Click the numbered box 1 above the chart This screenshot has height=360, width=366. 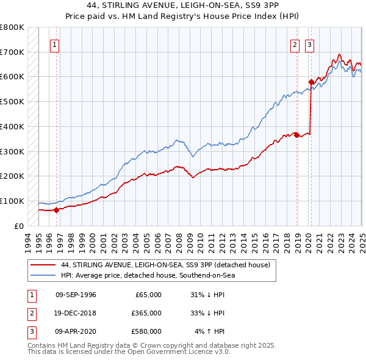click(x=55, y=44)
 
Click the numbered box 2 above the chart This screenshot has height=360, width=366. click(x=295, y=44)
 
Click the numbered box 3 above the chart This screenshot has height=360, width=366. click(x=309, y=44)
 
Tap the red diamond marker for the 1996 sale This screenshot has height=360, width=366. click(x=56, y=210)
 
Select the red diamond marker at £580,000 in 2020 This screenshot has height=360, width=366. click(x=310, y=81)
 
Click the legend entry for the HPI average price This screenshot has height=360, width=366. click(x=148, y=275)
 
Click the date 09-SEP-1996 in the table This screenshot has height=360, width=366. click(x=76, y=295)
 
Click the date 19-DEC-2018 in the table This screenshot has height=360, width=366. click(x=76, y=313)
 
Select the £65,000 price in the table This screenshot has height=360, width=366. click(x=147, y=295)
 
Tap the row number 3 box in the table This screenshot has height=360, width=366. click(x=30, y=331)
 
